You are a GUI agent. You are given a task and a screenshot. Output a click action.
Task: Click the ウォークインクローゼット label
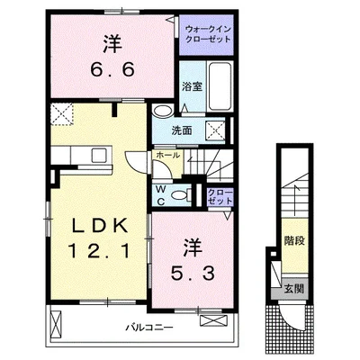(x=208, y=34)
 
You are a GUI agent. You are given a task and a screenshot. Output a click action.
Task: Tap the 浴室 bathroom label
(x=192, y=86)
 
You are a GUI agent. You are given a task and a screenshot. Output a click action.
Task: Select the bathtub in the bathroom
(x=220, y=85)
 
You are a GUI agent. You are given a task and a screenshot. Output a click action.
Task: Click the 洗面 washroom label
(x=182, y=130)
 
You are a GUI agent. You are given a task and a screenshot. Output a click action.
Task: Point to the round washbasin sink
(x=162, y=111)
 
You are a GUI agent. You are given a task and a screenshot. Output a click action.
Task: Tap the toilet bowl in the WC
(x=179, y=195)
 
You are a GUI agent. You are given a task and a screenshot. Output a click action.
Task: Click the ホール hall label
(x=168, y=156)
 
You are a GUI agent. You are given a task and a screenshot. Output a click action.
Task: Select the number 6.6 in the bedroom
(x=112, y=70)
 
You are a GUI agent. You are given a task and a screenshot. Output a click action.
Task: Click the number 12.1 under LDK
(x=99, y=251)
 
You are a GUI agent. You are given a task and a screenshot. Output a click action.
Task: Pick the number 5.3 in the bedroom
(x=193, y=274)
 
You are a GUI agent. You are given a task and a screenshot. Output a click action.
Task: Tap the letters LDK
(x=99, y=226)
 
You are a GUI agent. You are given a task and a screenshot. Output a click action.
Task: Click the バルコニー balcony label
(x=149, y=327)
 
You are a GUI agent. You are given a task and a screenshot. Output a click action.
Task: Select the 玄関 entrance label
(x=294, y=289)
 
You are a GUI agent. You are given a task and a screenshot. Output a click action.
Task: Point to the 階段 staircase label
(x=294, y=240)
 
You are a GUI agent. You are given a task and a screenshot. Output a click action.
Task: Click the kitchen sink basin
(x=99, y=156)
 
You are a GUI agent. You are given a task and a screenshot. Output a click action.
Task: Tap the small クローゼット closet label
(x=220, y=196)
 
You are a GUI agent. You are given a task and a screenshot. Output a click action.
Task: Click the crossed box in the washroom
(x=215, y=130)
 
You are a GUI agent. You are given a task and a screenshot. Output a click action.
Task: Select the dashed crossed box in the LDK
(x=62, y=114)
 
